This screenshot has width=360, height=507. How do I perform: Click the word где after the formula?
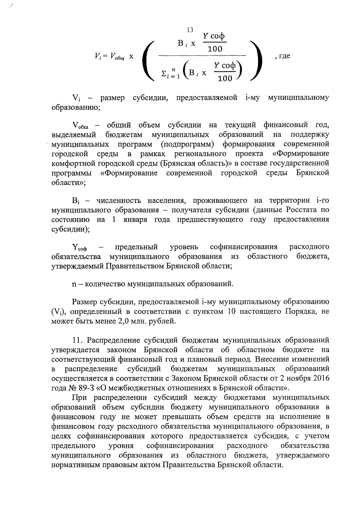[284, 56]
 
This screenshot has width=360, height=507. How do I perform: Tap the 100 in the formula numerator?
[215, 49]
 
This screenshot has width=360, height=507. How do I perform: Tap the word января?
[135, 219]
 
